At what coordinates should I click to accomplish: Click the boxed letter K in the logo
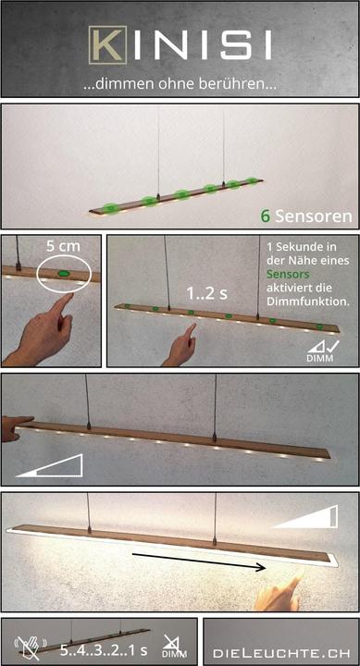107,44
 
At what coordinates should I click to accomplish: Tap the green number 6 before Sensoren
266,216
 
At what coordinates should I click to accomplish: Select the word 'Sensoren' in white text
313,216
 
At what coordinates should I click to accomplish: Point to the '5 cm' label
63,246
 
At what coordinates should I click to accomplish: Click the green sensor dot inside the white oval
64,273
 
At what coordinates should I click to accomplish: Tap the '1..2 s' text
208,293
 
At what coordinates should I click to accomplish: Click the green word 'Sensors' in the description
288,274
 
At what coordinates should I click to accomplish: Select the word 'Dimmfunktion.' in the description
308,302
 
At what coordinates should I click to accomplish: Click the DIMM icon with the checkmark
320,351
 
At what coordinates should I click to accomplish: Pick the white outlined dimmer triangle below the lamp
49,466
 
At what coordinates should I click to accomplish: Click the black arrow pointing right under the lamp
199,561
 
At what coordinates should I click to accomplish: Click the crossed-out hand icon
31,645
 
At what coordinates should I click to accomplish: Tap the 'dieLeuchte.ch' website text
281,641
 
